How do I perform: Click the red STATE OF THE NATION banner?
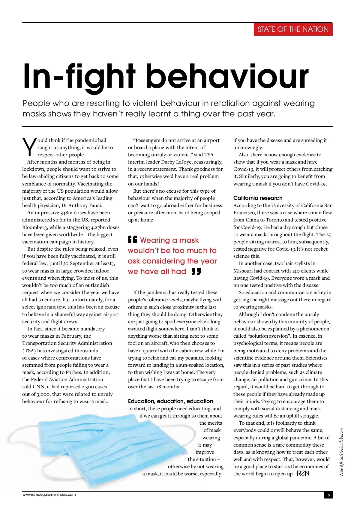point(293,29)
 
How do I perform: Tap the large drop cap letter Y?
point(29,147)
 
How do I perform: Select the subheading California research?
point(258,198)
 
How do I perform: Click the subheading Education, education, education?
point(170,401)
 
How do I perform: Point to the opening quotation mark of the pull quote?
point(132,239)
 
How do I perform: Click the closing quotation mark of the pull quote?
point(196,272)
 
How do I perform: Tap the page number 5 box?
point(328,495)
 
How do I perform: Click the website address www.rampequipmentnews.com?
point(49,495)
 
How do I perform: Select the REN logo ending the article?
point(303,473)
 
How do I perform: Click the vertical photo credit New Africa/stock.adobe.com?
point(341,452)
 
